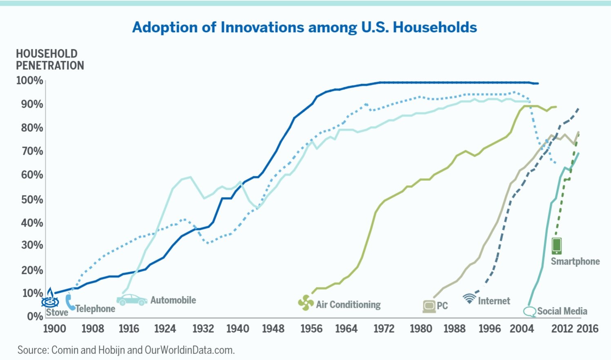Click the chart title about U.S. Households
pyautogui.click(x=304, y=27)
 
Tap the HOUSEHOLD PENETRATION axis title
pyautogui.click(x=50, y=60)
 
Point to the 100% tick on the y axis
pyautogui.click(x=29, y=80)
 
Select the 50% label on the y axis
pyautogui.click(x=29, y=200)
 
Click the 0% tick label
pyautogui.click(x=35, y=316)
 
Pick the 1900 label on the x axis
pyautogui.click(x=54, y=329)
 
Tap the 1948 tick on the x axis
pyautogui.click(x=273, y=329)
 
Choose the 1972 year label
pyautogui.click(x=384, y=329)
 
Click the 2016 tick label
pyautogui.click(x=587, y=329)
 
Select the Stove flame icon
pyautogui.click(x=50, y=298)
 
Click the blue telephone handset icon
pyautogui.click(x=70, y=302)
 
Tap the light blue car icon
pyautogui.click(x=131, y=300)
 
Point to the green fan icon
pyautogui.click(x=306, y=303)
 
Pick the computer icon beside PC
pyautogui.click(x=429, y=306)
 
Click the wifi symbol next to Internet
pyautogui.click(x=469, y=298)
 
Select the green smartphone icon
pyautogui.click(x=556, y=246)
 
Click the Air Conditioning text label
pyautogui.click(x=348, y=304)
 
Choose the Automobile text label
pyautogui.click(x=173, y=300)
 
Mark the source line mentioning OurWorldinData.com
pyautogui.click(x=126, y=350)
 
